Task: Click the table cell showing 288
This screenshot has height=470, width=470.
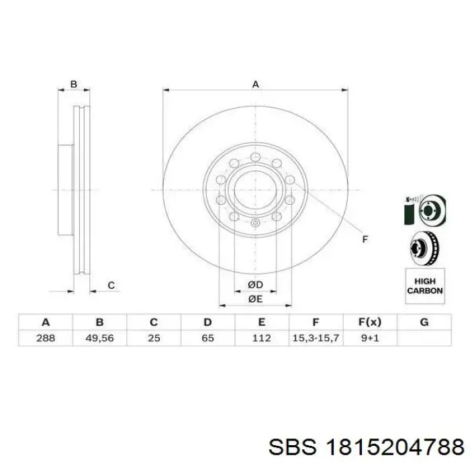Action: [x=46, y=338]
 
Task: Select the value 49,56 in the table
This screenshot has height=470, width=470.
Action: [x=99, y=338]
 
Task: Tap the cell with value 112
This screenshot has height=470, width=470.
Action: [x=262, y=338]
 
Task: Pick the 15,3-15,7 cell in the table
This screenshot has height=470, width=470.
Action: [x=316, y=338]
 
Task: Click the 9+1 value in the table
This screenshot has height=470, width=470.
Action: [x=370, y=338]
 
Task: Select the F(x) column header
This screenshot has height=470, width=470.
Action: [x=370, y=322]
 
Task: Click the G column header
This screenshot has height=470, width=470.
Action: [x=424, y=322]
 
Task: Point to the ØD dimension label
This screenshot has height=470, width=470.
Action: [x=255, y=285]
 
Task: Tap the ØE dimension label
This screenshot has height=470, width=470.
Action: [x=255, y=299]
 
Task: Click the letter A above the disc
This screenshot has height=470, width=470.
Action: [x=255, y=84]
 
